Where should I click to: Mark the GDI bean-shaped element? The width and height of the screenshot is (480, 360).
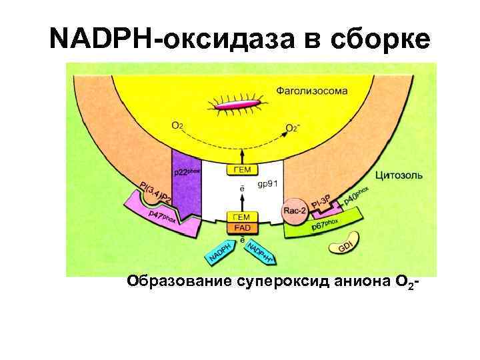pyautogui.click(x=345, y=245)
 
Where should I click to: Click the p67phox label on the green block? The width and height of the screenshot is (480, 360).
pyautogui.click(x=325, y=225)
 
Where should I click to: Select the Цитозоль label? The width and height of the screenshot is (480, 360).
pyautogui.click(x=399, y=176)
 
